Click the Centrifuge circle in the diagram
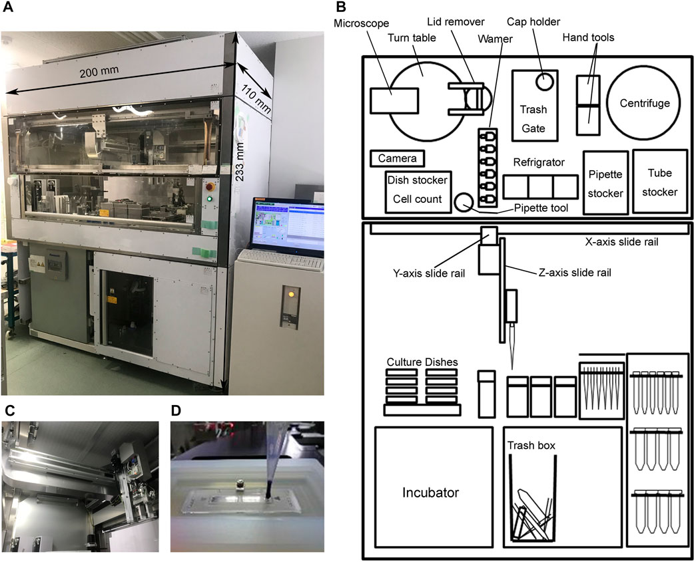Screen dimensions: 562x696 pyautogui.click(x=645, y=103)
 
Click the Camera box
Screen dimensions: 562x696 pyautogui.click(x=397, y=159)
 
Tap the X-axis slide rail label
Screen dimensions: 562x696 pyautogui.click(x=622, y=241)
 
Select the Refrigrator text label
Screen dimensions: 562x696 pyautogui.click(x=539, y=162)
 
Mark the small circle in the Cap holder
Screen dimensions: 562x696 pyautogui.click(x=544, y=82)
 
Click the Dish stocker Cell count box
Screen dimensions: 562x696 pyautogui.click(x=418, y=190)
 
